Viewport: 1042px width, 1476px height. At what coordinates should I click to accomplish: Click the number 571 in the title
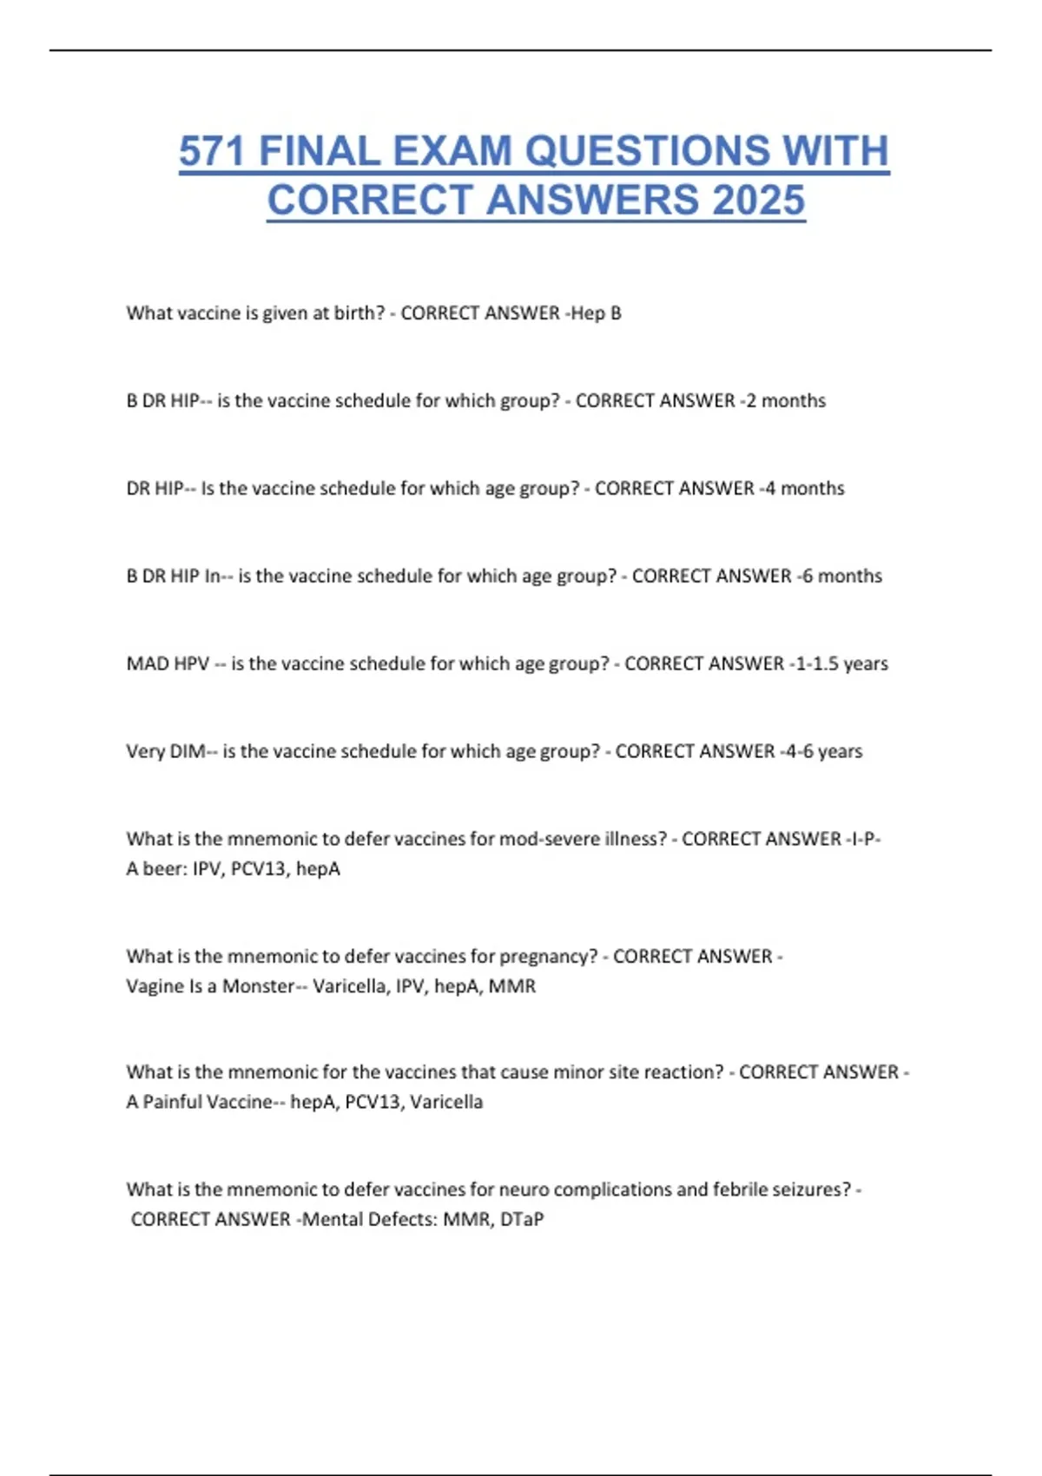(213, 151)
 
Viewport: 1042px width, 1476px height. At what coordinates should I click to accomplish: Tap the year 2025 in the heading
(759, 201)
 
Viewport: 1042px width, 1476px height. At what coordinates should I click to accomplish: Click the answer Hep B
(597, 313)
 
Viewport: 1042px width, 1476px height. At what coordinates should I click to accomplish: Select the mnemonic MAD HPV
(168, 664)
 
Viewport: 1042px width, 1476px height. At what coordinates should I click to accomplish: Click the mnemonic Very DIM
(166, 752)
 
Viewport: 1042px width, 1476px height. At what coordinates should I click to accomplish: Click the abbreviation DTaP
(522, 1220)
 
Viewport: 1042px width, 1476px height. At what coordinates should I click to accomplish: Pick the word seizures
(813, 1189)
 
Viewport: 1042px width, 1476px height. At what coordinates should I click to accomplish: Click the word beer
(163, 869)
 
